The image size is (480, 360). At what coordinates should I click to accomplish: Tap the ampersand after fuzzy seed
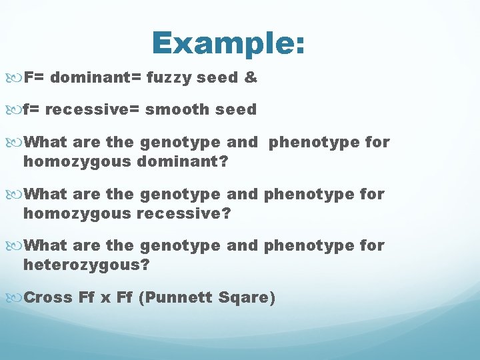coord(250,77)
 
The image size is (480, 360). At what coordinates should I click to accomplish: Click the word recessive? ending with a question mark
coord(185,213)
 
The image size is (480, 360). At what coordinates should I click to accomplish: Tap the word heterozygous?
coord(87,265)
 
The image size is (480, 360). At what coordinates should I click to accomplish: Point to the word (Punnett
coord(176,297)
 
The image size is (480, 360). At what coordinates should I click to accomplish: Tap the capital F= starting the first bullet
coord(33,77)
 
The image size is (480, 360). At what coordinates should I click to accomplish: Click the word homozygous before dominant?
coord(77,161)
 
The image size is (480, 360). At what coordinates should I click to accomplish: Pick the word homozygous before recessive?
coord(77,213)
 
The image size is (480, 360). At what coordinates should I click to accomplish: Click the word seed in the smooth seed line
coord(236,110)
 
